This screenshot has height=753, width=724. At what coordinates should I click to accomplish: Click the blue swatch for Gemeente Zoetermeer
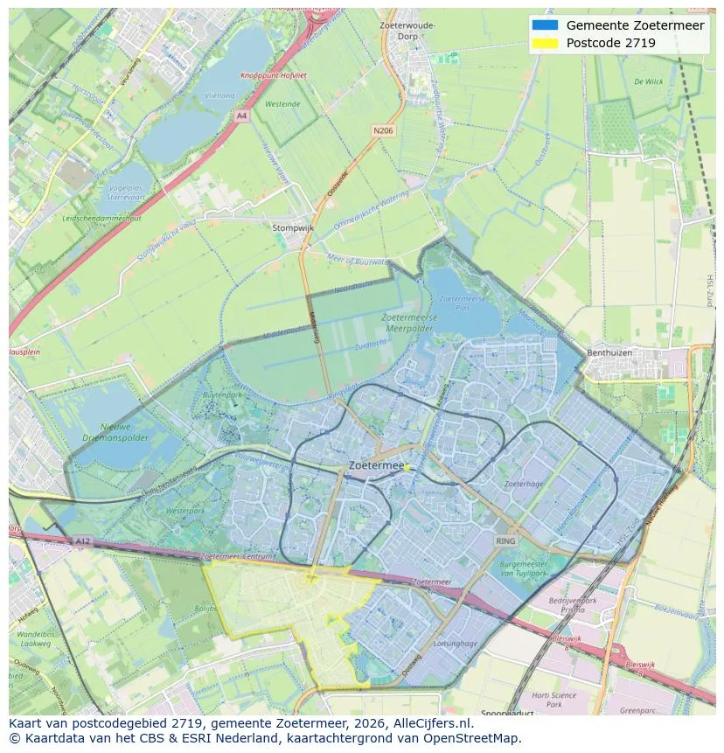tap(545, 24)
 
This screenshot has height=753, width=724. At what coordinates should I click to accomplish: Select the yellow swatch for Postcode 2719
tap(545, 43)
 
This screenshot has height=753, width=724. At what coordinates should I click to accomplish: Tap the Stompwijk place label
tap(292, 227)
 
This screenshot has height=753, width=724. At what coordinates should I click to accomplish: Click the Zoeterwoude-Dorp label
tap(407, 31)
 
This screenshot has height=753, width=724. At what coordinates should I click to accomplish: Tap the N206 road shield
tap(382, 130)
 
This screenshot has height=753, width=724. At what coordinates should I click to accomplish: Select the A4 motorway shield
tap(241, 115)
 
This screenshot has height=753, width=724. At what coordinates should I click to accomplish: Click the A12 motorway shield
tap(82, 541)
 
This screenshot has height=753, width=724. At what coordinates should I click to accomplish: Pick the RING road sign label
tap(505, 541)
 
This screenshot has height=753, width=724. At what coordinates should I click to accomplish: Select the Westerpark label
tap(184, 510)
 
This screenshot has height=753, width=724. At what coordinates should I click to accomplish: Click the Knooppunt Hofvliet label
tap(274, 76)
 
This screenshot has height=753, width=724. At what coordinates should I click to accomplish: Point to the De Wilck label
tap(649, 81)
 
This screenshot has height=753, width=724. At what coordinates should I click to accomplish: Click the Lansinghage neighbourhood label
tap(456, 643)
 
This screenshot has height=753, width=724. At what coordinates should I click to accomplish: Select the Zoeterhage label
tap(524, 484)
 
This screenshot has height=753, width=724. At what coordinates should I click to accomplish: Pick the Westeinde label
tap(282, 104)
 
